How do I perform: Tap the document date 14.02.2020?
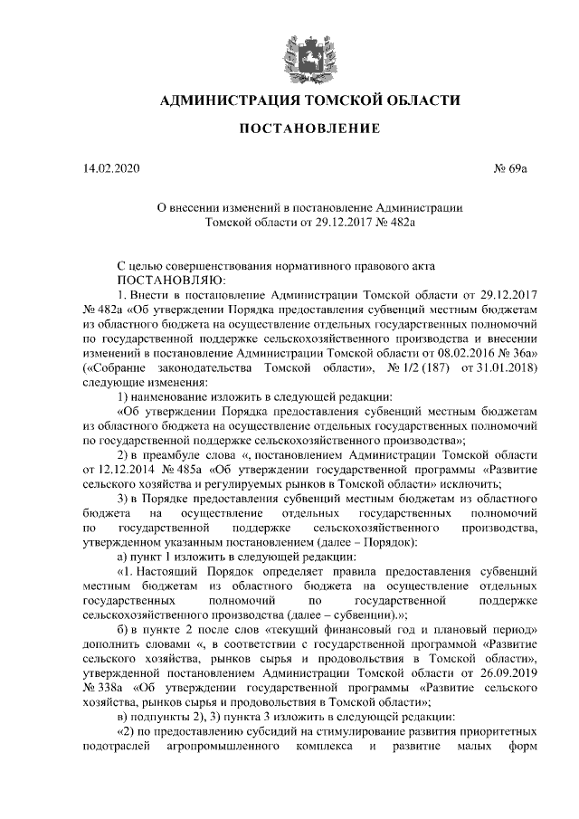(111, 168)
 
